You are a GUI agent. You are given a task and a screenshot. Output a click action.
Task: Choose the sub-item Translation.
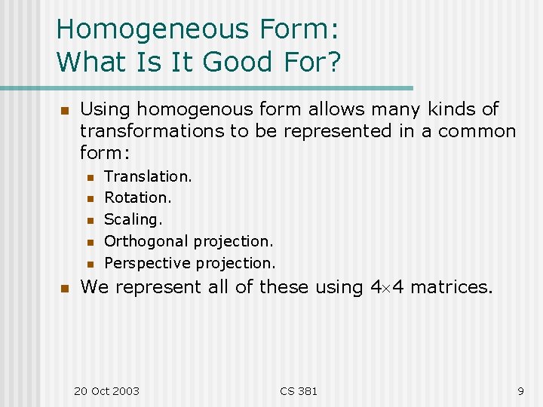pos(148,176)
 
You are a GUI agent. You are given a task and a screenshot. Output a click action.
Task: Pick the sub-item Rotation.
pos(138,197)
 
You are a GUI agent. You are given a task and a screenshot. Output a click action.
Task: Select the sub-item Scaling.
pos(133,219)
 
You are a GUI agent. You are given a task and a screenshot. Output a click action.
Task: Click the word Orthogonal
pos(146,241)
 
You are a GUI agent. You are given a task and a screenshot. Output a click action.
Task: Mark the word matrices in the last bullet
pos(451,287)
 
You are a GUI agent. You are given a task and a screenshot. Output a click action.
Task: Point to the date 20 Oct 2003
pos(106,390)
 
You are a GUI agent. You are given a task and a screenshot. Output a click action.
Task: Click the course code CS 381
pos(299,390)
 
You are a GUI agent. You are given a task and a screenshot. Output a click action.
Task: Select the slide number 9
pos(520,390)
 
